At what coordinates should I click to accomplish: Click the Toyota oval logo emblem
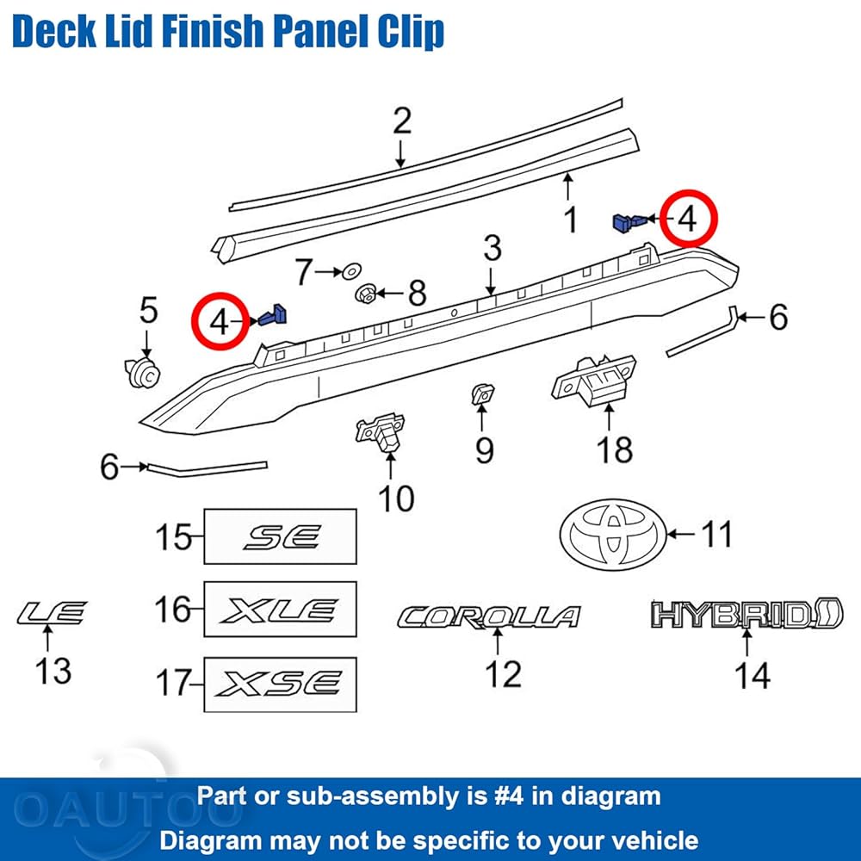point(613,535)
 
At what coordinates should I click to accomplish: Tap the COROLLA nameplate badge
point(489,616)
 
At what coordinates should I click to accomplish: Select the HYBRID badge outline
point(746,613)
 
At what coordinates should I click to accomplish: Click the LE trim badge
point(53,613)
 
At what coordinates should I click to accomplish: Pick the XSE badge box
point(280,684)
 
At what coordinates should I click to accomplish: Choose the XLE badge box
point(280,609)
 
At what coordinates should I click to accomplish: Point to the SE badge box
point(280,536)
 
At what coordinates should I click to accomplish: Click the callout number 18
point(615,450)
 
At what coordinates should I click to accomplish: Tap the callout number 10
point(396,499)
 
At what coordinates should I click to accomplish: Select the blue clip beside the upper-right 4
point(630,222)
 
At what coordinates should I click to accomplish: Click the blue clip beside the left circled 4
point(274,316)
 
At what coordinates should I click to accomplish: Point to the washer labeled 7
point(351,270)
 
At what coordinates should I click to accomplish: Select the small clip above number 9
point(482,393)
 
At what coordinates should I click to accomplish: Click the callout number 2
point(402,121)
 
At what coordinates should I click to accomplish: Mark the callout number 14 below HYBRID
point(752,675)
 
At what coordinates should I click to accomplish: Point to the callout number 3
point(492,248)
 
